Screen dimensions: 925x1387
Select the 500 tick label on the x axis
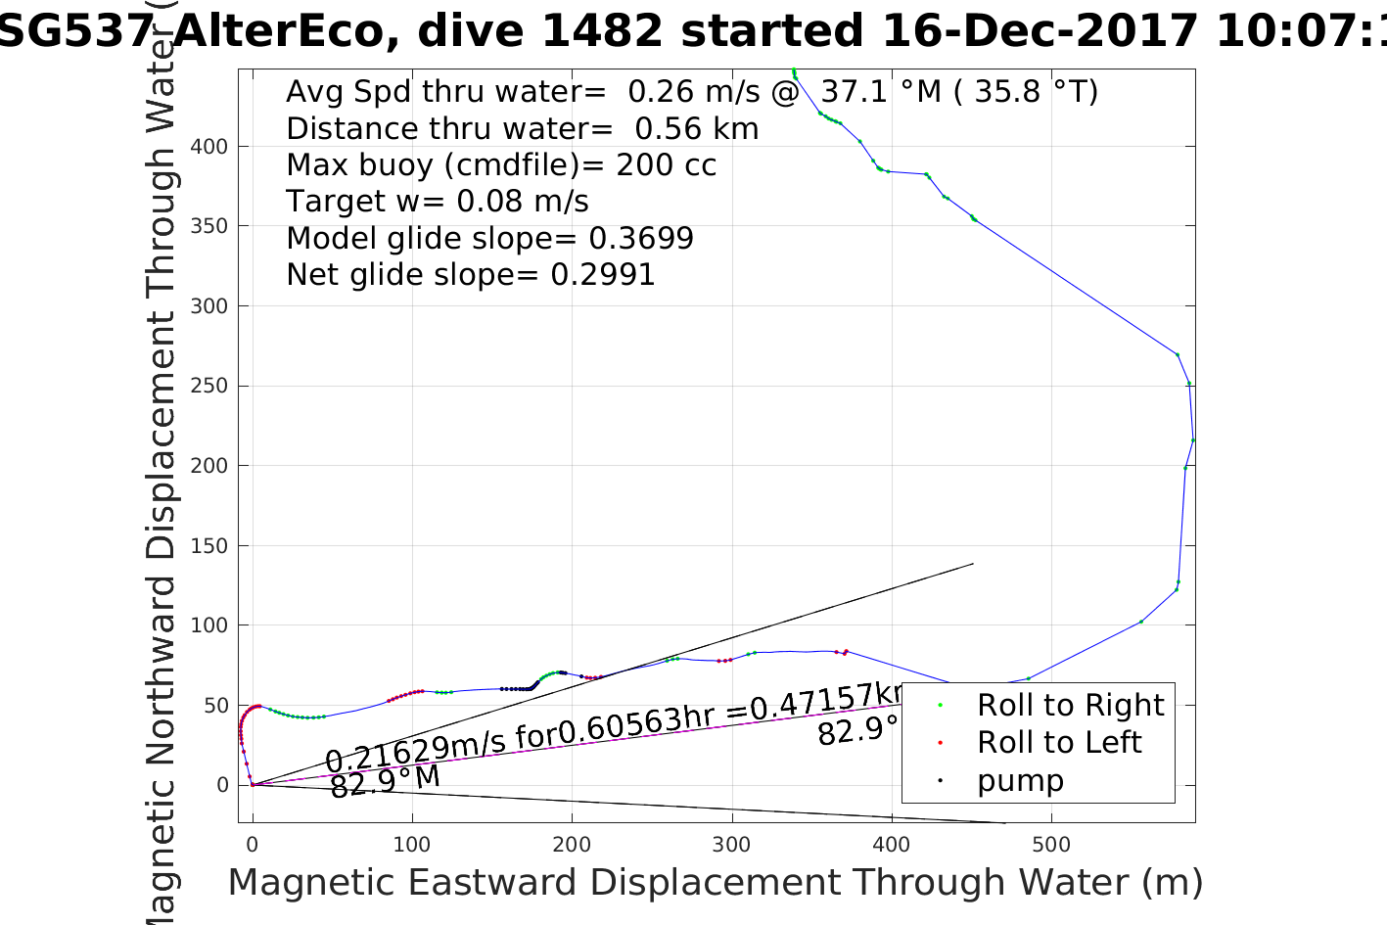pyautogui.click(x=1050, y=844)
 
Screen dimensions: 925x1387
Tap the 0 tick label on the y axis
pyautogui.click(x=222, y=785)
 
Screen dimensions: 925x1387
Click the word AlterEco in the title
pyautogui.click(x=284, y=31)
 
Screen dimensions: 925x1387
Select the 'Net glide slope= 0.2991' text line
pyautogui.click(x=470, y=275)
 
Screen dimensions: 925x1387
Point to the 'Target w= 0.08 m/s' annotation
pyautogui.click(x=437, y=202)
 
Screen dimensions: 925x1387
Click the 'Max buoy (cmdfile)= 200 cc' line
pyautogui.click(x=500, y=164)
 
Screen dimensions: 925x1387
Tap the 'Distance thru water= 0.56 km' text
pyautogui.click(x=522, y=128)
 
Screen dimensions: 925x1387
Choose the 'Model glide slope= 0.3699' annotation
pyautogui.click(x=489, y=238)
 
